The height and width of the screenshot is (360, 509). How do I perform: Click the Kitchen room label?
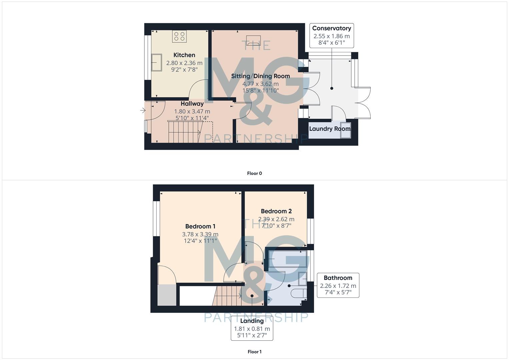point(184,55)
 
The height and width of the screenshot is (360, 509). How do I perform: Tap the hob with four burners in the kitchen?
point(179,36)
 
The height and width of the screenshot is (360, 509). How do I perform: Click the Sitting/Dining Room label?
point(260,76)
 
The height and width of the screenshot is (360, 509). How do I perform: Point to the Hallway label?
point(192,104)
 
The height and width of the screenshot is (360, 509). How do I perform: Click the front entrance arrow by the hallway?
point(143,110)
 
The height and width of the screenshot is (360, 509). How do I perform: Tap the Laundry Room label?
point(330,129)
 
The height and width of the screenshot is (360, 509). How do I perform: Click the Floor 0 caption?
point(254,173)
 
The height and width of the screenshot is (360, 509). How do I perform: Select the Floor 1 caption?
point(254,352)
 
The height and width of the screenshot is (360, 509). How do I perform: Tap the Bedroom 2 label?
point(276,211)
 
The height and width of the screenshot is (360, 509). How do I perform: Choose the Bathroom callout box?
point(338,285)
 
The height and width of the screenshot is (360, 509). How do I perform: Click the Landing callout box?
point(252,328)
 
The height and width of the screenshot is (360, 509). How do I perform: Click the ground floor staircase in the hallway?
point(184,132)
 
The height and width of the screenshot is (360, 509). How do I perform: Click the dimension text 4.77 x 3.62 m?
point(260,84)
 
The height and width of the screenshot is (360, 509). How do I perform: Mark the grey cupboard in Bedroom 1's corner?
point(167,295)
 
